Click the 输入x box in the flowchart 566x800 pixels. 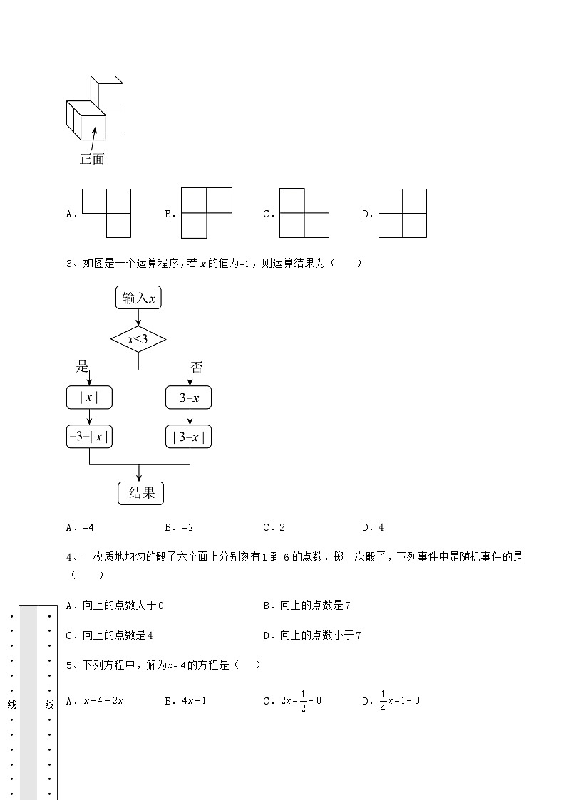click(138, 298)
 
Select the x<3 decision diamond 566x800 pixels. click(138, 339)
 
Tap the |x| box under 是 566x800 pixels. click(89, 398)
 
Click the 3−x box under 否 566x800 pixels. click(189, 398)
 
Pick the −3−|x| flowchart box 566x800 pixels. click(89, 437)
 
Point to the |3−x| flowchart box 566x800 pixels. click(189, 437)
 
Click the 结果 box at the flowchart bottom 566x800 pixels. click(140, 493)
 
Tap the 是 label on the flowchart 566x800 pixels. click(82, 367)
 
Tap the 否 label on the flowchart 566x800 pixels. click(196, 368)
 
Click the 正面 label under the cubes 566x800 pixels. click(92, 159)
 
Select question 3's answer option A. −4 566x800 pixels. click(80, 528)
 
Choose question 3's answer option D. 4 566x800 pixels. click(373, 528)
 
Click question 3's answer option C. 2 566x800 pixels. click(274, 528)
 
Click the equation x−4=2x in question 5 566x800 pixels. click(104, 701)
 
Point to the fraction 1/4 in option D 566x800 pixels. click(382, 701)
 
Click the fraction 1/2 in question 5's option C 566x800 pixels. click(302, 701)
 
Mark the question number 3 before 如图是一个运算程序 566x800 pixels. click(68, 264)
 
